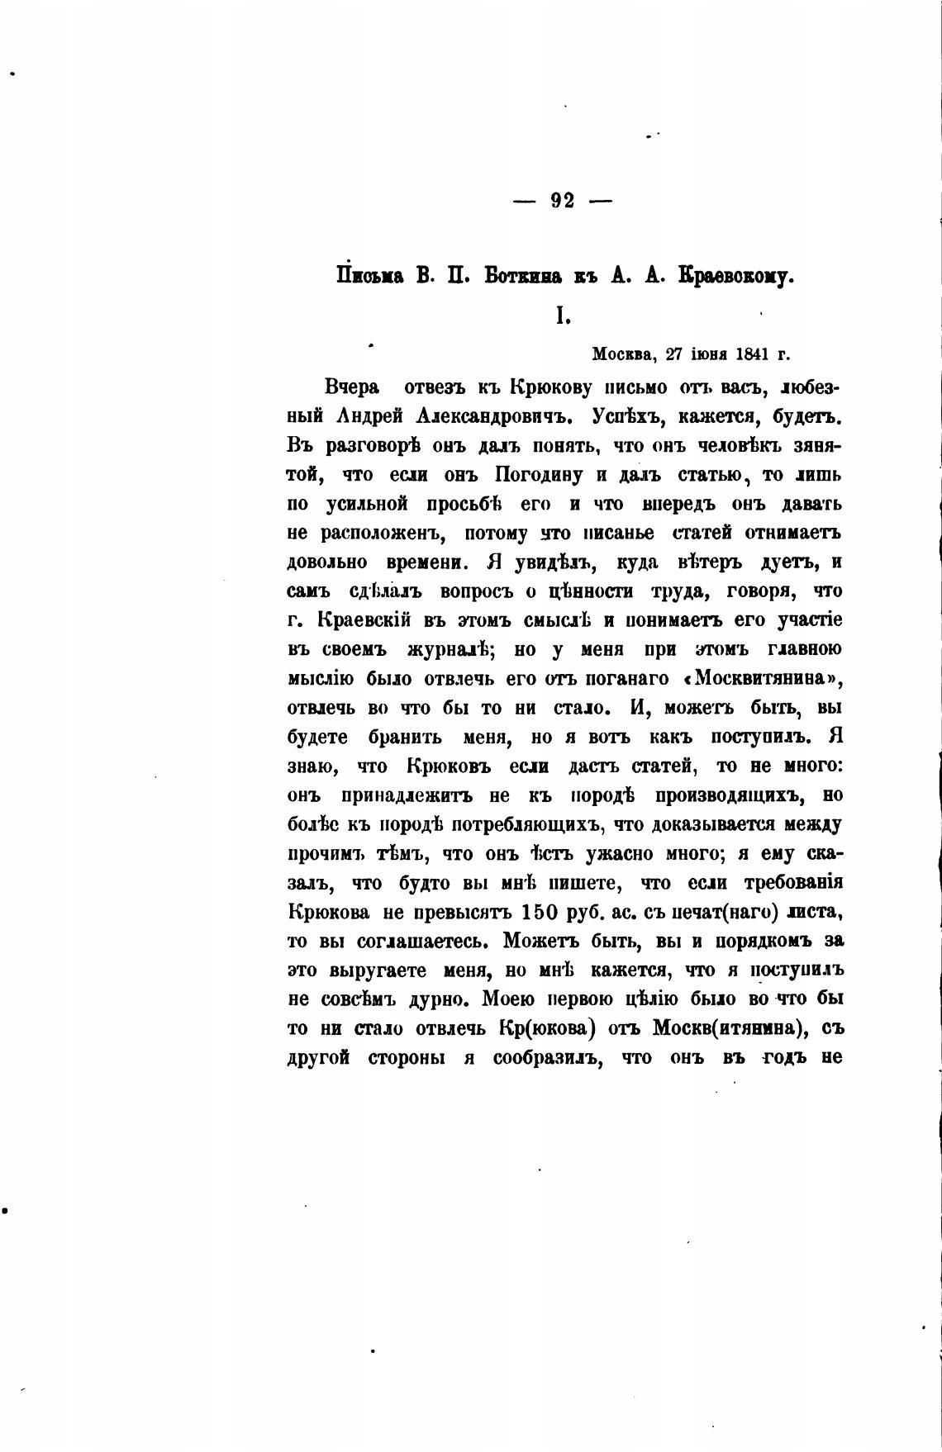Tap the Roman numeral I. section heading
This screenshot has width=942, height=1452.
pyautogui.click(x=562, y=316)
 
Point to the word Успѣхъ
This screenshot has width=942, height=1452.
pyautogui.click(x=629, y=415)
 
